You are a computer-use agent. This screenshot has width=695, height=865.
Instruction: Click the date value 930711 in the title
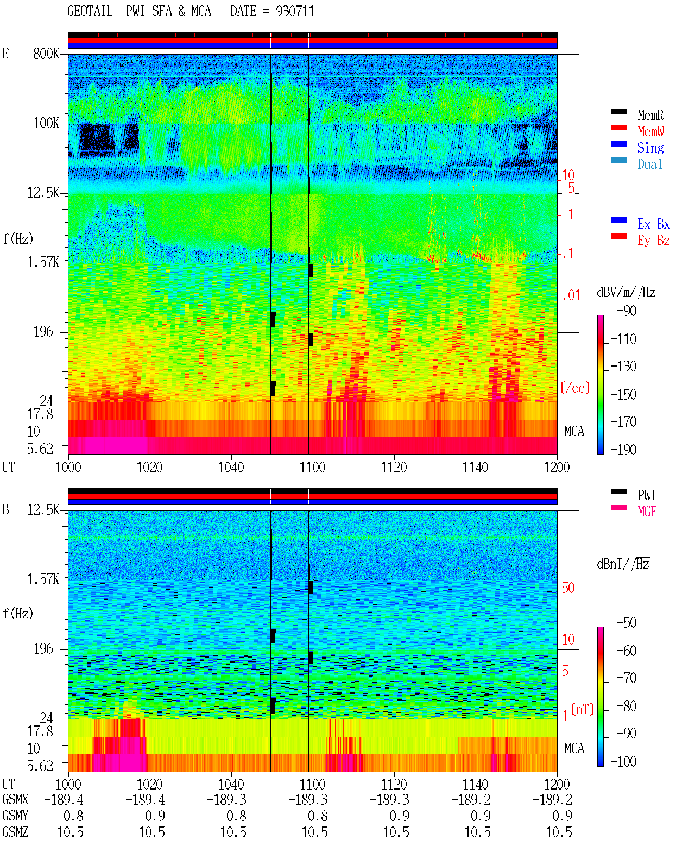point(295,11)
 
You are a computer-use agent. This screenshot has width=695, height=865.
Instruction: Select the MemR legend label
point(650,115)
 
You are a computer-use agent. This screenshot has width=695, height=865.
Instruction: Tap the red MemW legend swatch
point(618,128)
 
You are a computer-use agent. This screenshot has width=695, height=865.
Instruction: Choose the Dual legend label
point(649,164)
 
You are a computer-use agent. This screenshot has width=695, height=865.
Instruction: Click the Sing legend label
point(650,148)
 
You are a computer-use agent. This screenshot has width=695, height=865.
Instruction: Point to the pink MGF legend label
point(647,512)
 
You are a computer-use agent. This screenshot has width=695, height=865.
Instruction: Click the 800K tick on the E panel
point(46,53)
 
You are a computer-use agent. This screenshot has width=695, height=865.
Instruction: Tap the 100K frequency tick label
point(46,123)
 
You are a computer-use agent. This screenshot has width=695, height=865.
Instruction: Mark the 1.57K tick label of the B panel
point(43,579)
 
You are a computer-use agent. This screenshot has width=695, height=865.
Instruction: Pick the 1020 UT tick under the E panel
point(149,468)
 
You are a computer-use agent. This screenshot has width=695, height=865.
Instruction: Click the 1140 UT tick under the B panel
point(476,784)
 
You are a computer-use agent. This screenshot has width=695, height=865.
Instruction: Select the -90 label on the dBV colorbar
point(627,311)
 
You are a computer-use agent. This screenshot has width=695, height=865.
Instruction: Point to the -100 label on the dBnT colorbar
point(623,761)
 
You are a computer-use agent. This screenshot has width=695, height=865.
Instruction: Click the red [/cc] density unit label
point(575,388)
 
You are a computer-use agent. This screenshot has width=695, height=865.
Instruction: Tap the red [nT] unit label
point(583,709)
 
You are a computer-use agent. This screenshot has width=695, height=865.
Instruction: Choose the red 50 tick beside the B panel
point(568,588)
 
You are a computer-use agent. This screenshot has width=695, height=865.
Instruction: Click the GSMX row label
point(15,799)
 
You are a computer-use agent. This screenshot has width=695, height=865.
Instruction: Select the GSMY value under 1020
point(155,816)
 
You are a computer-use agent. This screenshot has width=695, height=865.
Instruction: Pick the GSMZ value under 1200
point(559,832)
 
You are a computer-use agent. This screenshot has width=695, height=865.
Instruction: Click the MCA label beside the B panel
point(574,748)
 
